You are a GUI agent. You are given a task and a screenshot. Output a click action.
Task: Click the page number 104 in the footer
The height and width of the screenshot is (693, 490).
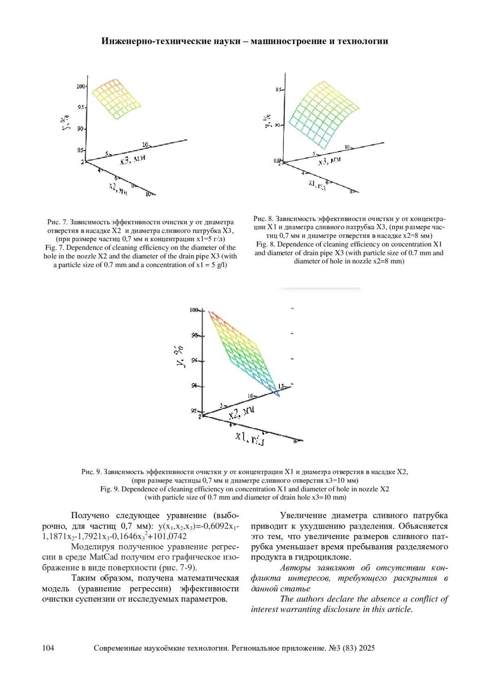pyautogui.click(x=48, y=648)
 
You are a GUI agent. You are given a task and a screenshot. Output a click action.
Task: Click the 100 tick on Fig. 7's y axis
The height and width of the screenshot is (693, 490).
pyautogui.click(x=80, y=87)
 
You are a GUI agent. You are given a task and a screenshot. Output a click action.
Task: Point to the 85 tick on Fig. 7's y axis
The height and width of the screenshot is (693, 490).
pyautogui.click(x=80, y=150)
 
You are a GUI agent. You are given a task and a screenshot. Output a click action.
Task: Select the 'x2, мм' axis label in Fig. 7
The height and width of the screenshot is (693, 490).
pyautogui.click(x=118, y=188)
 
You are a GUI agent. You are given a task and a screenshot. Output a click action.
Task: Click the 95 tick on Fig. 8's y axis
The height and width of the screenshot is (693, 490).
pyautogui.click(x=279, y=89)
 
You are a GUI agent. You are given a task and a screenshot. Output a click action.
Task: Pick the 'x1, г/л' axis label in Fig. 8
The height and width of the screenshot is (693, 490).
pyautogui.click(x=317, y=185)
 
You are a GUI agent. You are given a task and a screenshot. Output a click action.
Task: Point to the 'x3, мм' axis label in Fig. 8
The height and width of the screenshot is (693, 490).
pyautogui.click(x=329, y=161)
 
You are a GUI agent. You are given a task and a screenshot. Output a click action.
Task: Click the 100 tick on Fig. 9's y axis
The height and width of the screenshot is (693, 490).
pyautogui.click(x=194, y=310)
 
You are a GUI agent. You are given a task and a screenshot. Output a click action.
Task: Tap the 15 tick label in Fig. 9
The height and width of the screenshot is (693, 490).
pyautogui.click(x=281, y=386)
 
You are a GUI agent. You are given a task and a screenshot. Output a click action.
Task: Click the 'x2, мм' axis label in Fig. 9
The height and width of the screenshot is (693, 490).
pyautogui.click(x=242, y=413)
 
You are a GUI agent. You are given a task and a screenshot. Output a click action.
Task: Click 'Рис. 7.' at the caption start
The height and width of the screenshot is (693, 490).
pyautogui.click(x=57, y=222)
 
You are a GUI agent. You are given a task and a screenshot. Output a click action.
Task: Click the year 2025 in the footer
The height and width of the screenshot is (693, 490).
pyautogui.click(x=367, y=648)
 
